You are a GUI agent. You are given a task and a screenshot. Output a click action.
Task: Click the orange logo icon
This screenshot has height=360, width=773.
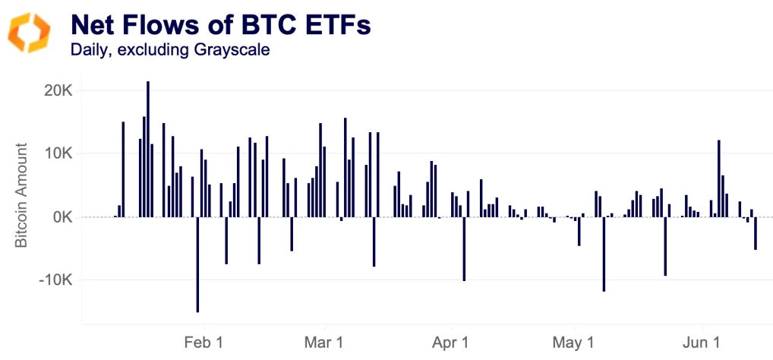tap(29, 33)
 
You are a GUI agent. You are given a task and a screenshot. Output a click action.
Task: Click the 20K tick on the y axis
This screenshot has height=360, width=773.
tap(58, 90)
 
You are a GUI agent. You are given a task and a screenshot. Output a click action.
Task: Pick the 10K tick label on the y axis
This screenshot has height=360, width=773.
tap(58, 153)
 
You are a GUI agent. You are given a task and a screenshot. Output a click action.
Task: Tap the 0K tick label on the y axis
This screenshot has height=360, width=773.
tap(62, 217)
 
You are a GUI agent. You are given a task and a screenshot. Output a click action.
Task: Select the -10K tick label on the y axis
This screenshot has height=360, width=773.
tap(55, 280)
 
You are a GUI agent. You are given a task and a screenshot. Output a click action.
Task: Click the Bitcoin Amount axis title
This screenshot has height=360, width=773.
tap(23, 196)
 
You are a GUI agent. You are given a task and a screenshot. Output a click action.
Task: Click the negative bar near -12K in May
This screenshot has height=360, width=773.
tap(604, 254)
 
